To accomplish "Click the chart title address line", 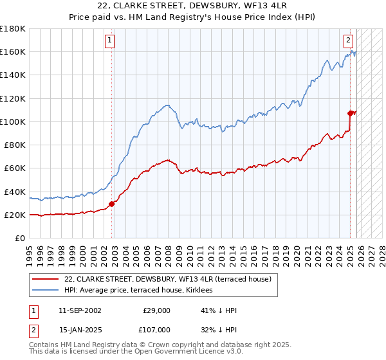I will pyautogui.click(x=193, y=6).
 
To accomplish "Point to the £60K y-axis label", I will pyautogui.click(x=15, y=168).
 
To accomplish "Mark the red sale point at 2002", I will pyautogui.click(x=112, y=204).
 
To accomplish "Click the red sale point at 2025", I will pyautogui.click(x=351, y=113).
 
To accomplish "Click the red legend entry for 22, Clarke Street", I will pyautogui.click(x=167, y=279).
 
